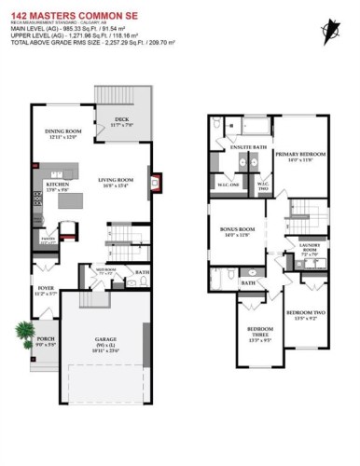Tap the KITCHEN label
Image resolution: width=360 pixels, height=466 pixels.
click(45, 185)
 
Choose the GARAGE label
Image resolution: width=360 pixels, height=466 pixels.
click(104, 339)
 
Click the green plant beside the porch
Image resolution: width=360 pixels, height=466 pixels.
click(21, 331)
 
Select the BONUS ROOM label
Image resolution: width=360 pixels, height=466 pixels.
click(238, 228)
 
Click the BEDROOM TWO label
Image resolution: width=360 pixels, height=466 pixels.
click(306, 311)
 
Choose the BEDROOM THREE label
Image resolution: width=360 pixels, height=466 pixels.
click(260, 331)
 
